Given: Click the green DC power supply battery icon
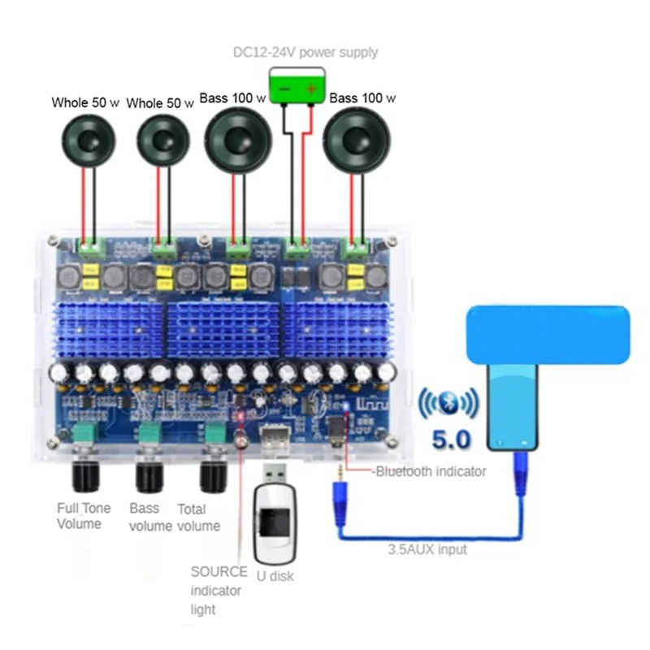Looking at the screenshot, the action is click(297, 86).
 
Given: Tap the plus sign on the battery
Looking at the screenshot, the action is click(311, 89).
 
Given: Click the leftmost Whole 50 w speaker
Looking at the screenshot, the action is click(89, 141).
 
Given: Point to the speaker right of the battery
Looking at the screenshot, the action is click(357, 140).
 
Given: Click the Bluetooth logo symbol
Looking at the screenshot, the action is click(448, 402).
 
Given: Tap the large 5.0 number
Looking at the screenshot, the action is click(451, 440).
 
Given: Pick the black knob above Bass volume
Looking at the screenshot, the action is click(149, 476).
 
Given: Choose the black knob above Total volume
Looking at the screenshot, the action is click(214, 476).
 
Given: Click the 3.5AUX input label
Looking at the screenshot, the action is click(427, 549).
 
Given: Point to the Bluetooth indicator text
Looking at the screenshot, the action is click(431, 471).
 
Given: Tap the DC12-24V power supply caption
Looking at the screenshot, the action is click(305, 53).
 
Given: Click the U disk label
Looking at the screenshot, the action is click(275, 576).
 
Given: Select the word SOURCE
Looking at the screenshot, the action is click(219, 572).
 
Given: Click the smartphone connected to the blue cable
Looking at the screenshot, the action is click(513, 406).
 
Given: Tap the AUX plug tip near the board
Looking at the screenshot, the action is click(340, 471).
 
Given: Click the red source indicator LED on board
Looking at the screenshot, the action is click(240, 416).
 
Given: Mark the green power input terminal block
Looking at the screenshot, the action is click(298, 249).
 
